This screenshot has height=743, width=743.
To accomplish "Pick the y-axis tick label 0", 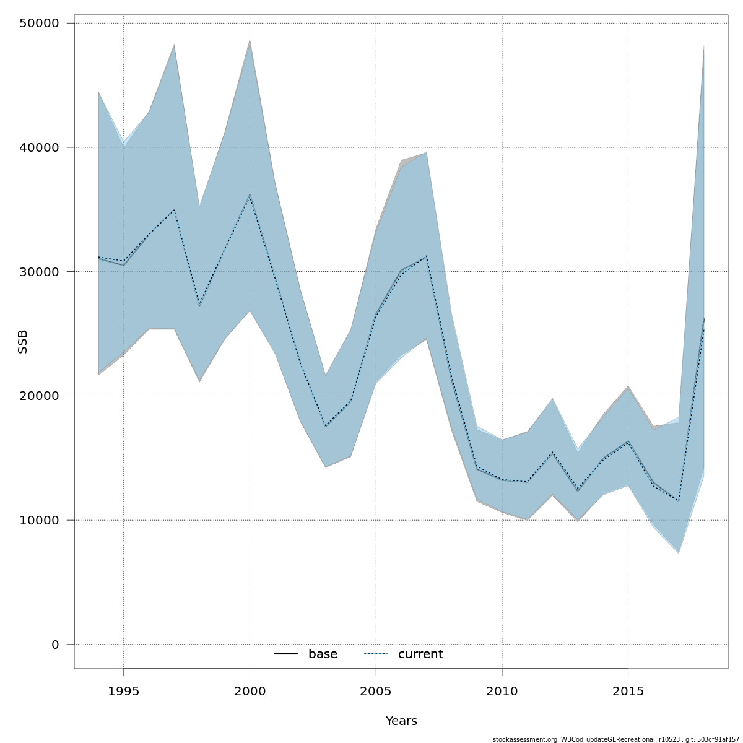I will [55, 645].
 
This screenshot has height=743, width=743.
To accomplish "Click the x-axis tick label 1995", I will [123, 691].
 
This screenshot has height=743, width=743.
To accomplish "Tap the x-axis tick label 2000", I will [250, 691].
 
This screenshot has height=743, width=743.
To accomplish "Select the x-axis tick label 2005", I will [376, 691].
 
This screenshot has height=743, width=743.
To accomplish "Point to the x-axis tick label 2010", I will [502, 691].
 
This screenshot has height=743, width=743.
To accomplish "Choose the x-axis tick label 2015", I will [628, 691].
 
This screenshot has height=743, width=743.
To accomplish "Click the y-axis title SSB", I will [23, 342].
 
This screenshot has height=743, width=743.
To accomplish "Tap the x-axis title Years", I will [401, 721].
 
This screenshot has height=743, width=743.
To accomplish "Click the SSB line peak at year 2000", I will [250, 196].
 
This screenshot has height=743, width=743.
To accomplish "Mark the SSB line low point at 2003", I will [326, 427].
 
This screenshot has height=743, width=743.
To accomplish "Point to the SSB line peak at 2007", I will [426, 256].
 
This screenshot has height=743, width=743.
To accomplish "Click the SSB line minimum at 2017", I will [679, 500].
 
